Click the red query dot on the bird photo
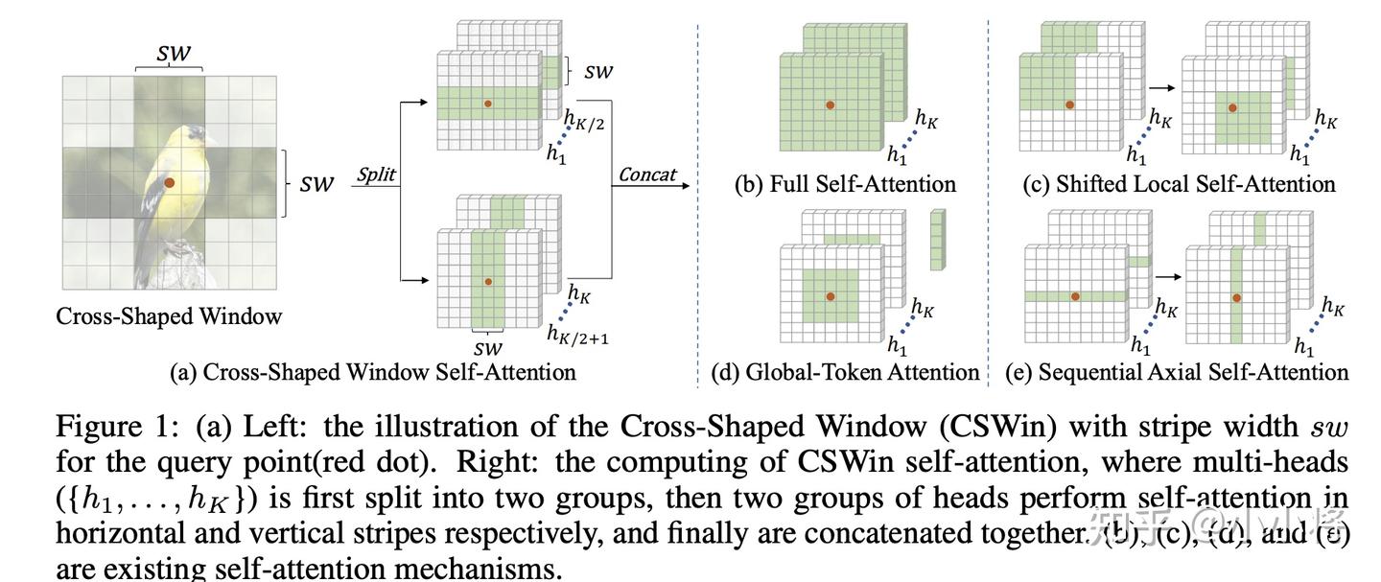(x=169, y=182)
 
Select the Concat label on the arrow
(x=647, y=175)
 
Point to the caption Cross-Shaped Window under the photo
(x=169, y=315)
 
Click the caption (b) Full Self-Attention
(x=846, y=183)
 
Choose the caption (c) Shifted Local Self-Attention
(x=1179, y=183)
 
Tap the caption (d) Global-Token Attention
(x=845, y=372)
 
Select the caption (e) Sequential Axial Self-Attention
(x=1177, y=372)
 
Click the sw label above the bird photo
(x=173, y=54)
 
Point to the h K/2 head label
(x=585, y=122)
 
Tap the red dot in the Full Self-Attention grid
(x=831, y=104)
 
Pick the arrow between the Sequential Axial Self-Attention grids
(x=1167, y=275)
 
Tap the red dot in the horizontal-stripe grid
(x=488, y=103)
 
